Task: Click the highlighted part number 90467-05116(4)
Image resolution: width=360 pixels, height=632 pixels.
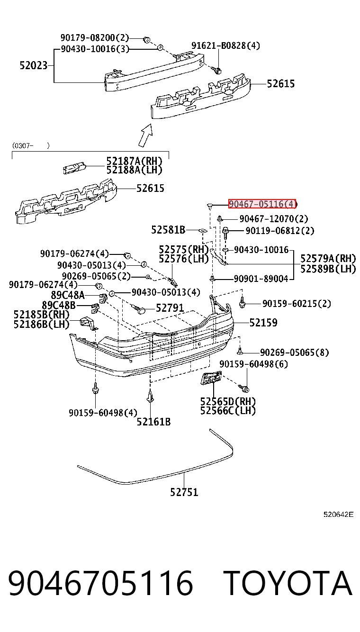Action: click(262, 204)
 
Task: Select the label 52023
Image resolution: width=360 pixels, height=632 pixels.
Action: click(33, 66)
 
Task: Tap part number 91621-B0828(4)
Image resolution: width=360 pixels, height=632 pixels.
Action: click(225, 45)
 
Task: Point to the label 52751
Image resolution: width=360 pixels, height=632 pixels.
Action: click(184, 492)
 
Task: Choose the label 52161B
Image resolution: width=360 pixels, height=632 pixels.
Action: click(153, 422)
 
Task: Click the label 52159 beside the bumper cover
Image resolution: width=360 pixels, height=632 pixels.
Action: click(263, 323)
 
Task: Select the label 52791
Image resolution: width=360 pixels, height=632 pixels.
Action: click(170, 308)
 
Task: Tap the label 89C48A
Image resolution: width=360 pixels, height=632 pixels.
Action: click(68, 295)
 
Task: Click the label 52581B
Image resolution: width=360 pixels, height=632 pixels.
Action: click(168, 230)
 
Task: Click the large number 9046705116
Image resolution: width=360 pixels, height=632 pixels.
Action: click(100, 583)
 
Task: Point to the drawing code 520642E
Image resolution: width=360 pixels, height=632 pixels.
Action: click(338, 515)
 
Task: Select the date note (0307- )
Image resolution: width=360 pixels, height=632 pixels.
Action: click(31, 145)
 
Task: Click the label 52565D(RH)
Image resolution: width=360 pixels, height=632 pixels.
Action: click(228, 401)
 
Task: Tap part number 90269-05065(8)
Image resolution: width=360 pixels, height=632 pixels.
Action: click(294, 352)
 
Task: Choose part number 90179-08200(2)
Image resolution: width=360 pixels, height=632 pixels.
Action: click(95, 37)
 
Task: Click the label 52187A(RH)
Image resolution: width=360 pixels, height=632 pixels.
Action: click(135, 161)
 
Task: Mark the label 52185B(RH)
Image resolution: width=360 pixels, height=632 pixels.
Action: click(42, 315)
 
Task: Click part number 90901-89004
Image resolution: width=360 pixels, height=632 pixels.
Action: click(261, 279)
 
